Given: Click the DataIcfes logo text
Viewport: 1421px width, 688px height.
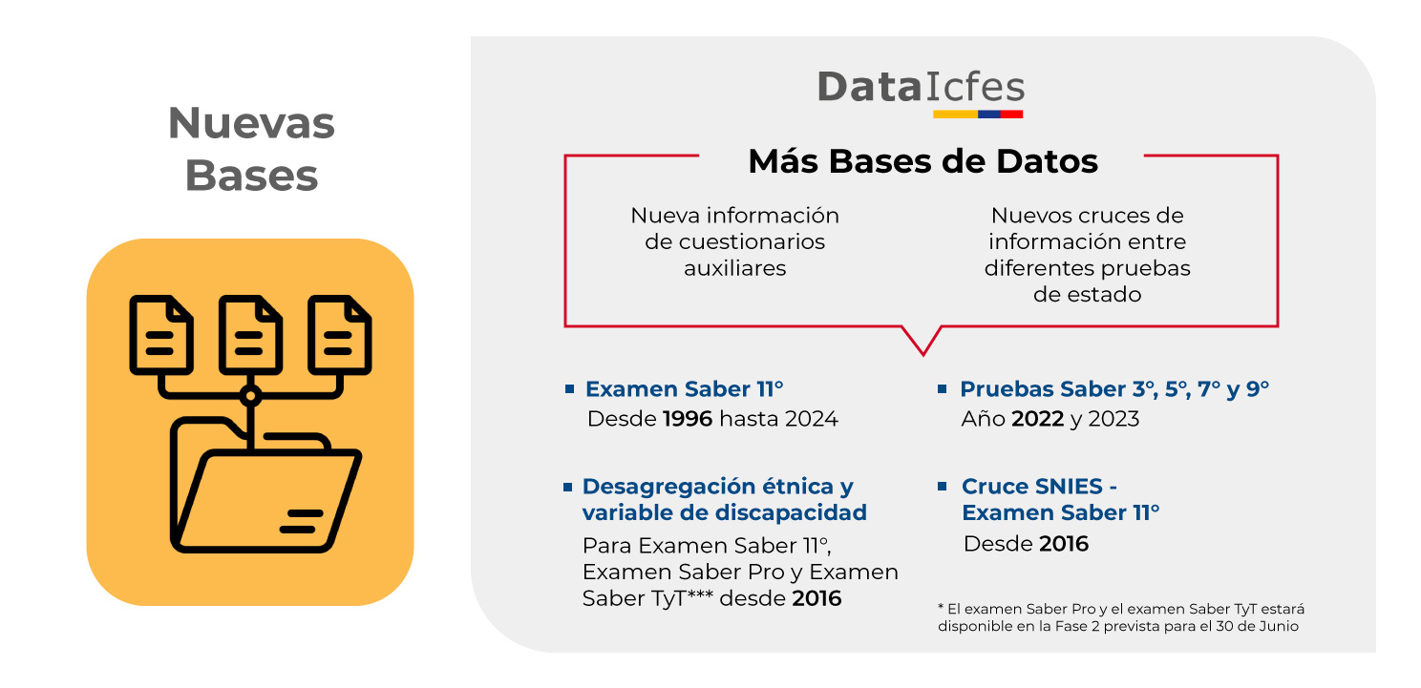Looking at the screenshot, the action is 921,87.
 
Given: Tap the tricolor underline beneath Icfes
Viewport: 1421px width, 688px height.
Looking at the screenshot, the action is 978,115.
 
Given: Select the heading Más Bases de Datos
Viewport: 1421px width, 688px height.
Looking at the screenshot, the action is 923,161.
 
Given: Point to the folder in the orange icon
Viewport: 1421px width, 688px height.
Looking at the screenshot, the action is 265,485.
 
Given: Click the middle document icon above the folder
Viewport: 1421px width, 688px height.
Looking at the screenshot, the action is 250,334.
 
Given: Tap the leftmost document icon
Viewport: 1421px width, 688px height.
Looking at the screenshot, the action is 161,334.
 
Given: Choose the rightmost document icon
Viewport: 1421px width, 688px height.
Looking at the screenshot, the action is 339,334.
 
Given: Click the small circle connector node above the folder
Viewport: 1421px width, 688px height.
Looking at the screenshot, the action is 250,396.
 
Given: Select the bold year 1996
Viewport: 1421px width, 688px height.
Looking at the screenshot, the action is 688,419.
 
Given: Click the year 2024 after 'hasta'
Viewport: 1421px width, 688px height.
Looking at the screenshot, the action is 812,419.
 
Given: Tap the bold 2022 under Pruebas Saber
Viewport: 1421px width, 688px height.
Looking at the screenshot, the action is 1038,419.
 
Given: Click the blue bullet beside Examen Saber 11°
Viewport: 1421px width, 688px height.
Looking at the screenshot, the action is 569,388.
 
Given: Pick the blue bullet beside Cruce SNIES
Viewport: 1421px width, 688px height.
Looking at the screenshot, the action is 942,487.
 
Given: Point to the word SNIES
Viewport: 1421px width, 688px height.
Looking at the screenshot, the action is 1069,487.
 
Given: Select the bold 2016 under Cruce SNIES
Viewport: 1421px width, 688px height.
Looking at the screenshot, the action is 1064,543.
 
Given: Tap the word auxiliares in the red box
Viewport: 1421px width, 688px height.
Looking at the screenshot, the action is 734,268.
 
